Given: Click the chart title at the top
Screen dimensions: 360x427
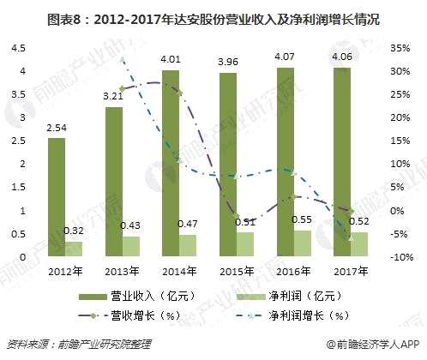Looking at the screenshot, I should pos(213,17).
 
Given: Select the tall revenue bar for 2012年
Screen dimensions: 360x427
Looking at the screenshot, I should pos(56,197).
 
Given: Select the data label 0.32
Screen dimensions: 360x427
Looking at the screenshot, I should pos(75,231).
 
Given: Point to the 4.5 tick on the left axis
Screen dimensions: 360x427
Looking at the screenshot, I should pos(16,48).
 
